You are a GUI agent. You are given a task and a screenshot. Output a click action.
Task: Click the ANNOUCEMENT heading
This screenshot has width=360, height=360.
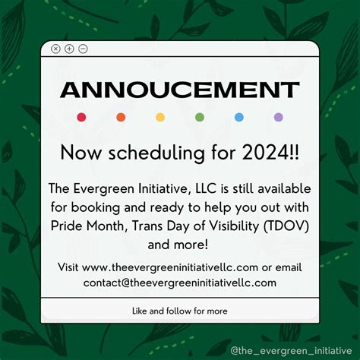tap(179, 90)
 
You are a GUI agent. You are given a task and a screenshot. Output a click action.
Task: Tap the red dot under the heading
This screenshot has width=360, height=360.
tap(81, 117)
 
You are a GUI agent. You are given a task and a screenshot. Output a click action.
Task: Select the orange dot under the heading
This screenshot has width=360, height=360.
tap(121, 117)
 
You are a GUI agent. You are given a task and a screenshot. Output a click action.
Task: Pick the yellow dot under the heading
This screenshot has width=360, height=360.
tap(160, 117)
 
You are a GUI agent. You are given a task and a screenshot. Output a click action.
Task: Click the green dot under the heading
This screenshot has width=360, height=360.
tap(200, 117)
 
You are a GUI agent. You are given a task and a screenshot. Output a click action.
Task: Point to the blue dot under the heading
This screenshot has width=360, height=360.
tap(239, 117)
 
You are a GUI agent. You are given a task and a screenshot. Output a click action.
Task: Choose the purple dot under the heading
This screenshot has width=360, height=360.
tap(279, 117)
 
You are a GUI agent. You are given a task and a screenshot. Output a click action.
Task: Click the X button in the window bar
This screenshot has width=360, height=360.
tap(55, 49)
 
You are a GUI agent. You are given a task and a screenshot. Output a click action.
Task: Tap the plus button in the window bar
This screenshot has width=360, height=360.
tap(69, 49)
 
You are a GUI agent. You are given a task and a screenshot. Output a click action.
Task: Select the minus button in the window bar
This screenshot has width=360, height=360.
tap(83, 49)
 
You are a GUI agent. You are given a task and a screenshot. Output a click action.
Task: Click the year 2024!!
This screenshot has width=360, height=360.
tap(271, 153)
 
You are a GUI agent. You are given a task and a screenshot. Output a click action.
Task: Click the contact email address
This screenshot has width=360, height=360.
tap(180, 283)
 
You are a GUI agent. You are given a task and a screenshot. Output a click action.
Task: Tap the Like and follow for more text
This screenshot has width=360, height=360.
tap(179, 311)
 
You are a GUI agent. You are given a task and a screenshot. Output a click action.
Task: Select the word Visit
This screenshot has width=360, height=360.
tap(68, 267)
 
